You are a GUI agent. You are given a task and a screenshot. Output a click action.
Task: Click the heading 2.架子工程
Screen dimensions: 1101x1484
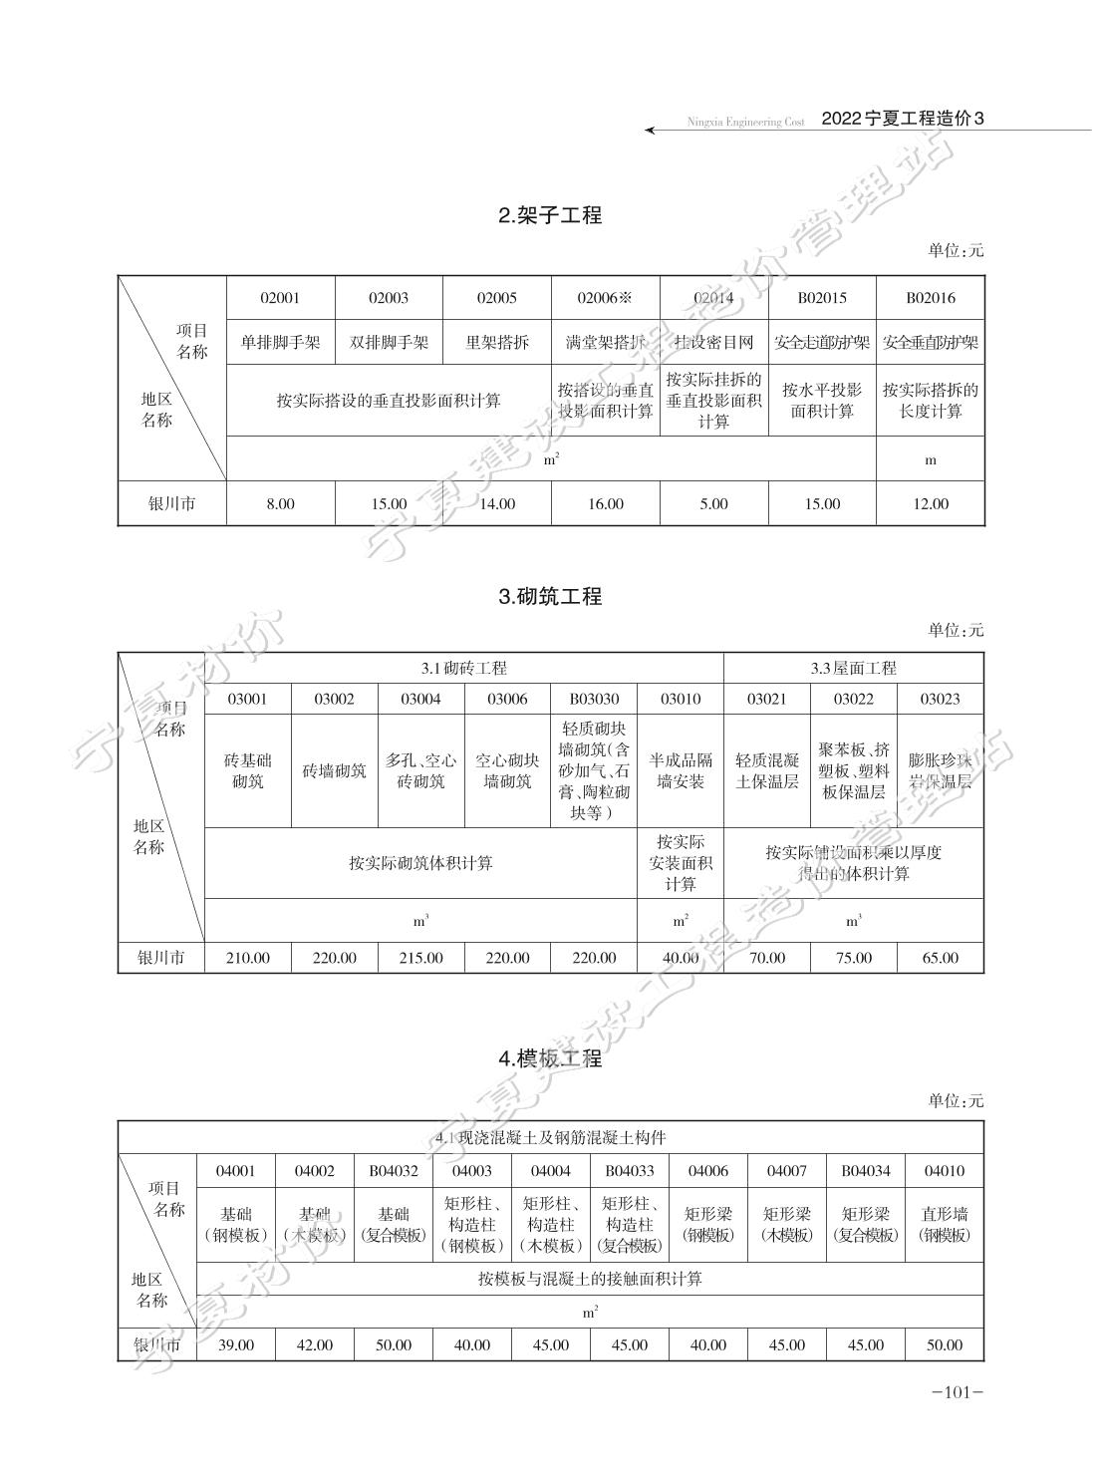[x=550, y=215]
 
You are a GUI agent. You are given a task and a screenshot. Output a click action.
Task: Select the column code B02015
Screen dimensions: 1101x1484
[x=822, y=298]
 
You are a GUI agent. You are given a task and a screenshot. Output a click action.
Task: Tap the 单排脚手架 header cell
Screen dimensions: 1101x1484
[x=280, y=343]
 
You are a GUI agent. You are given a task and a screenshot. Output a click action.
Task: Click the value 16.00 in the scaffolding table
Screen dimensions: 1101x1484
[x=606, y=504]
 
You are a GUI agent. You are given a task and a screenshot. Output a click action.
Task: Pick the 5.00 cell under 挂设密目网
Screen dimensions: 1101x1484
[x=713, y=504]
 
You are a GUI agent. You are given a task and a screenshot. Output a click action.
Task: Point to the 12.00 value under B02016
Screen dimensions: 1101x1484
[x=931, y=504]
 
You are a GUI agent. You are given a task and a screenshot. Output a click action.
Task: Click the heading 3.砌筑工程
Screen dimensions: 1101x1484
[x=550, y=596]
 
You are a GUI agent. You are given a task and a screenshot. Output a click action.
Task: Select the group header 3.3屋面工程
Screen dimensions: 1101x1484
[x=854, y=668]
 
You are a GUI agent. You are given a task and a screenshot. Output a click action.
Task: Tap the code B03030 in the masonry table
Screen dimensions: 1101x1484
[x=594, y=700]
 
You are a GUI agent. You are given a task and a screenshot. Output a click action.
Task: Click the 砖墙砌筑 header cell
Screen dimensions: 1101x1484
[x=335, y=770]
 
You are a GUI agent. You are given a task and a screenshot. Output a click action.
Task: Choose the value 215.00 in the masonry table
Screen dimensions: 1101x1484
[x=420, y=958]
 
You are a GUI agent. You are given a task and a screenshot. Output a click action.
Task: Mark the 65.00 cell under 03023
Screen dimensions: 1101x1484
[x=940, y=958]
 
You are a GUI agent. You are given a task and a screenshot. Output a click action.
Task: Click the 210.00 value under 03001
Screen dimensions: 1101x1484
[x=247, y=958]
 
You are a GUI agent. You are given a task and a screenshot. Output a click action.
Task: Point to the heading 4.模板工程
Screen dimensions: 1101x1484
[x=550, y=1059]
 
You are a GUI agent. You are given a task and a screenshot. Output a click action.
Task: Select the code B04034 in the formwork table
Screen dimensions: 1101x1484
[x=866, y=1171]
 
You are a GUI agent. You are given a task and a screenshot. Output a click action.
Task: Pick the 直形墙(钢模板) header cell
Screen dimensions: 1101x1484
[x=945, y=1225]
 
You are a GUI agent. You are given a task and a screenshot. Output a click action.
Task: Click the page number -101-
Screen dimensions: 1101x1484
[x=958, y=1393]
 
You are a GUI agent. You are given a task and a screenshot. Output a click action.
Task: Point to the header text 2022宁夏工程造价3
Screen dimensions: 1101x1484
[x=903, y=119]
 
